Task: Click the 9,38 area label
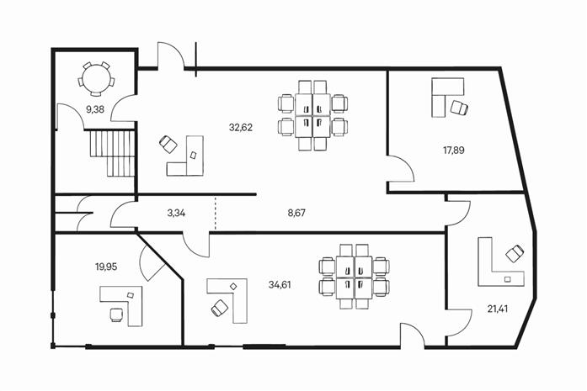pyautogui.click(x=95, y=109)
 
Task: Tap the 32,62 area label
pyautogui.click(x=241, y=128)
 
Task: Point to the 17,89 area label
pyautogui.click(x=454, y=151)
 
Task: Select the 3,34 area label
pyautogui.click(x=176, y=214)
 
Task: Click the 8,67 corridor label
pyautogui.click(x=296, y=214)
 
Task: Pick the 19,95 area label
pyautogui.click(x=106, y=267)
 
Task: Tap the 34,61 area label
pyautogui.click(x=280, y=285)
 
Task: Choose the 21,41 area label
pyautogui.click(x=498, y=309)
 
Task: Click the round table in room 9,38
pyautogui.click(x=97, y=80)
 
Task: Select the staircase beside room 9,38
pyautogui.click(x=112, y=153)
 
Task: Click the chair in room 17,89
pyautogui.click(x=459, y=108)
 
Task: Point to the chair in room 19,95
pyautogui.click(x=116, y=314)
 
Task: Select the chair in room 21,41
pyautogui.click(x=515, y=254)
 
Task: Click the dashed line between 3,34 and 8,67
pyautogui.click(x=216, y=213)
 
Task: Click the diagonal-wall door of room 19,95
pyautogui.click(x=152, y=263)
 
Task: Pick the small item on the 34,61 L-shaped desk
pyautogui.click(x=233, y=287)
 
